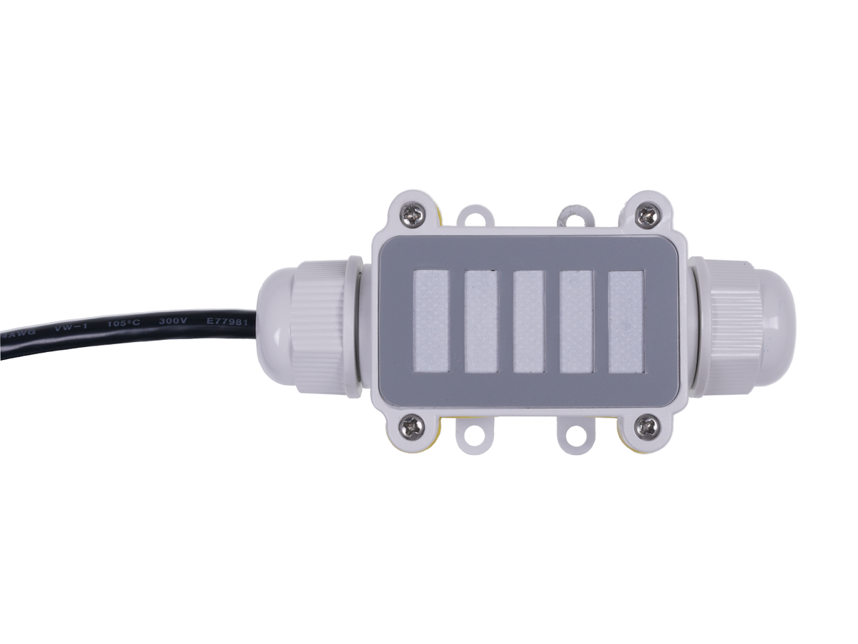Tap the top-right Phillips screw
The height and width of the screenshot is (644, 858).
click(646, 214)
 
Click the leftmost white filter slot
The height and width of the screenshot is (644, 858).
click(431, 321)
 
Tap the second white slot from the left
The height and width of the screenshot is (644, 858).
click(480, 321)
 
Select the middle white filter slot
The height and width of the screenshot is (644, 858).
click(529, 321)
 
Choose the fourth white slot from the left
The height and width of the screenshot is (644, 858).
click(576, 321)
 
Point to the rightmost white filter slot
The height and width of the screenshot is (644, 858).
click(626, 321)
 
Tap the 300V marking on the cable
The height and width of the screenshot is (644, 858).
click(173, 322)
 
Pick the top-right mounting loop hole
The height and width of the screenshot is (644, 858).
click(575, 214)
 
